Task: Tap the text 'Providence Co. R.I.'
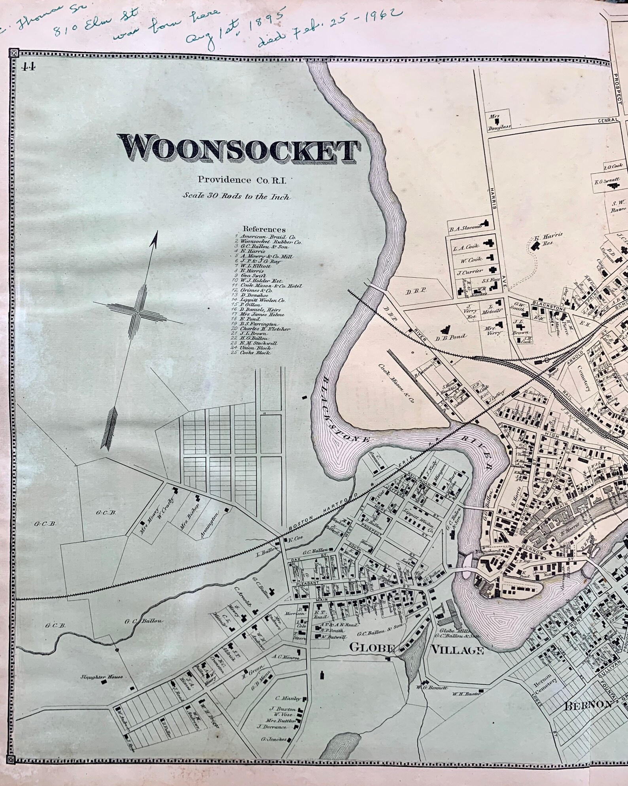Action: click(244, 180)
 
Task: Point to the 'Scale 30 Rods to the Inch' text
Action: click(236, 197)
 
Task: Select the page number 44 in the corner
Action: click(28, 66)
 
